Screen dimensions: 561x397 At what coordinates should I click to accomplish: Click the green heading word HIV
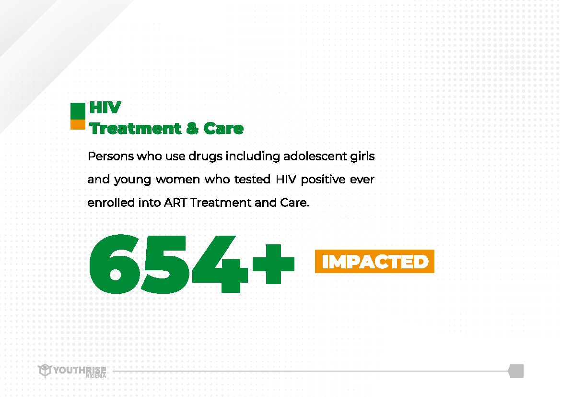click(105, 108)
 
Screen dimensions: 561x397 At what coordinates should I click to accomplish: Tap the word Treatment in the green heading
click(135, 128)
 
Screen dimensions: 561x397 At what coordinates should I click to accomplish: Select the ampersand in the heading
click(192, 128)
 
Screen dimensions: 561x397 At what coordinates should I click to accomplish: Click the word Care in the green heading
click(223, 128)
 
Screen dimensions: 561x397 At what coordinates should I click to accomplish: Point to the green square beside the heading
click(78, 111)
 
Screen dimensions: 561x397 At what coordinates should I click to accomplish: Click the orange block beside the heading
click(78, 124)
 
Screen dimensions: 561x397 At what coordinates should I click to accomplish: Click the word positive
click(323, 180)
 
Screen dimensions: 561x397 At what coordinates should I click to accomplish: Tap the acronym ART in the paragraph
click(175, 203)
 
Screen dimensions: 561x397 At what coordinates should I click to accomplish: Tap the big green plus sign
click(273, 264)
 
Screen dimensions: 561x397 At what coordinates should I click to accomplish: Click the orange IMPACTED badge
click(374, 261)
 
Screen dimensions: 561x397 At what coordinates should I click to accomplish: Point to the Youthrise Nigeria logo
click(72, 371)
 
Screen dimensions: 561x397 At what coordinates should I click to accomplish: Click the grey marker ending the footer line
click(516, 371)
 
